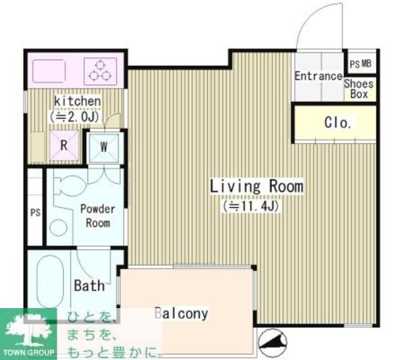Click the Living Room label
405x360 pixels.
click(256, 187)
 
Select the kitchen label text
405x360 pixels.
click(77, 101)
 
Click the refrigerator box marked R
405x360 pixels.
click(64, 145)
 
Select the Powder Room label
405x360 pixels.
click(97, 216)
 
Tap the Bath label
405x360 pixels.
click(89, 286)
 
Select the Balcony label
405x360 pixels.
click(182, 313)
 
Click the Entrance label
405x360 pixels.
click(318, 77)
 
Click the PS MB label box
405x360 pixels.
click(361, 64)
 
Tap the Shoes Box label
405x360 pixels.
click(359, 89)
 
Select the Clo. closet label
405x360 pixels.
click(337, 123)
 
